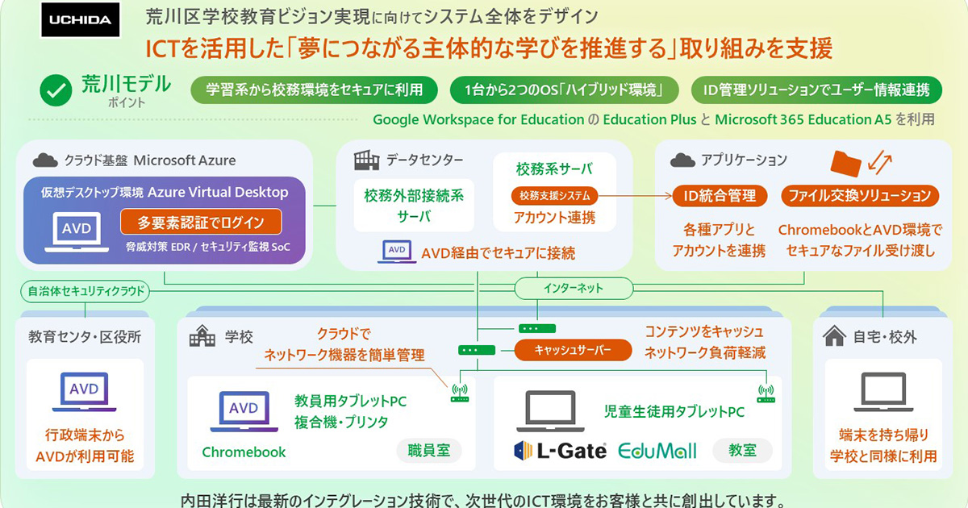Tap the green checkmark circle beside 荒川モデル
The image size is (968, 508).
(56, 90)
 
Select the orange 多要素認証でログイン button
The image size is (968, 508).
(202, 222)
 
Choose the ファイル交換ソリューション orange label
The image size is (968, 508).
(859, 195)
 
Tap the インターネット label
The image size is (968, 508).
(572, 288)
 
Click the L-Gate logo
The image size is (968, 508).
(560, 450)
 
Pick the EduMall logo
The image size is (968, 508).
(657, 450)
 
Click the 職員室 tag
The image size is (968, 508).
(428, 451)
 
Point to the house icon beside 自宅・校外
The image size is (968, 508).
(834, 336)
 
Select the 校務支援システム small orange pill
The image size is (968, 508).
(554, 195)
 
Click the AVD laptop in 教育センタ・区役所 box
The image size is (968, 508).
(84, 393)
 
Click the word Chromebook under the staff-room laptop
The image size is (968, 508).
(244, 452)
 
